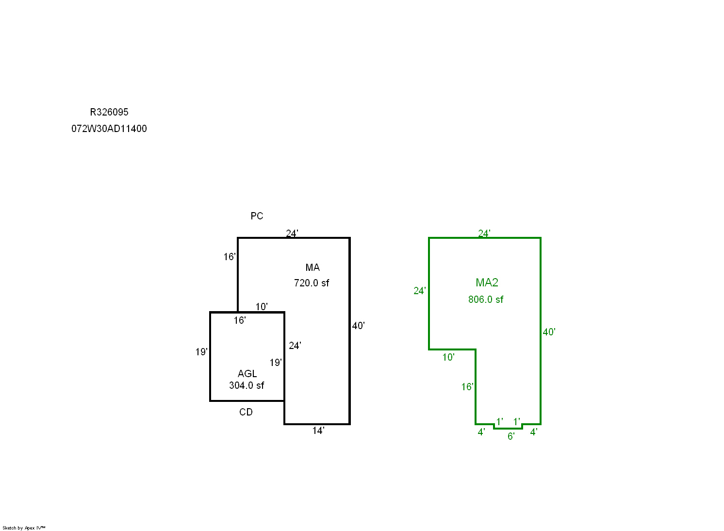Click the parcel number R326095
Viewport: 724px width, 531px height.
tap(109, 112)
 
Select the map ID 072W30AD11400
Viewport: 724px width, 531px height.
tap(109, 129)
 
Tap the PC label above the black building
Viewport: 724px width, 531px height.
tap(257, 216)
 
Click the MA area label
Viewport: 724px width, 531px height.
tap(313, 267)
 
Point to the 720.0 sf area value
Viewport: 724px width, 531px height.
tap(312, 283)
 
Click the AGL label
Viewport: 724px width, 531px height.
tap(247, 374)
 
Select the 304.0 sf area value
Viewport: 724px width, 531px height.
tap(247, 385)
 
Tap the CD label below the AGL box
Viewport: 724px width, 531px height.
tap(246, 412)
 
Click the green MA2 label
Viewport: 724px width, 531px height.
tap(487, 282)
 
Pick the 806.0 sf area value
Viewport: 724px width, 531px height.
tap(486, 299)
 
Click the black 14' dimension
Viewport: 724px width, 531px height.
tap(318, 431)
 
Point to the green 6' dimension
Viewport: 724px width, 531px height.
tap(511, 436)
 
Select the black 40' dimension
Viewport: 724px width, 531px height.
tap(358, 326)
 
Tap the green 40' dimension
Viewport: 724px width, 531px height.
tap(549, 332)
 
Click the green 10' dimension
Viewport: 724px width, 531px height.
tap(448, 357)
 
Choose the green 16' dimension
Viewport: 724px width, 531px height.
tap(467, 387)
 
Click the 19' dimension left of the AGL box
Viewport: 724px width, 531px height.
tap(201, 352)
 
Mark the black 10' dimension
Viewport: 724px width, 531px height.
tap(262, 307)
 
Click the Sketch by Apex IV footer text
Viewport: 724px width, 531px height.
tap(24, 528)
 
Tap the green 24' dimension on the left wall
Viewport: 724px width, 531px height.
tap(420, 291)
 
